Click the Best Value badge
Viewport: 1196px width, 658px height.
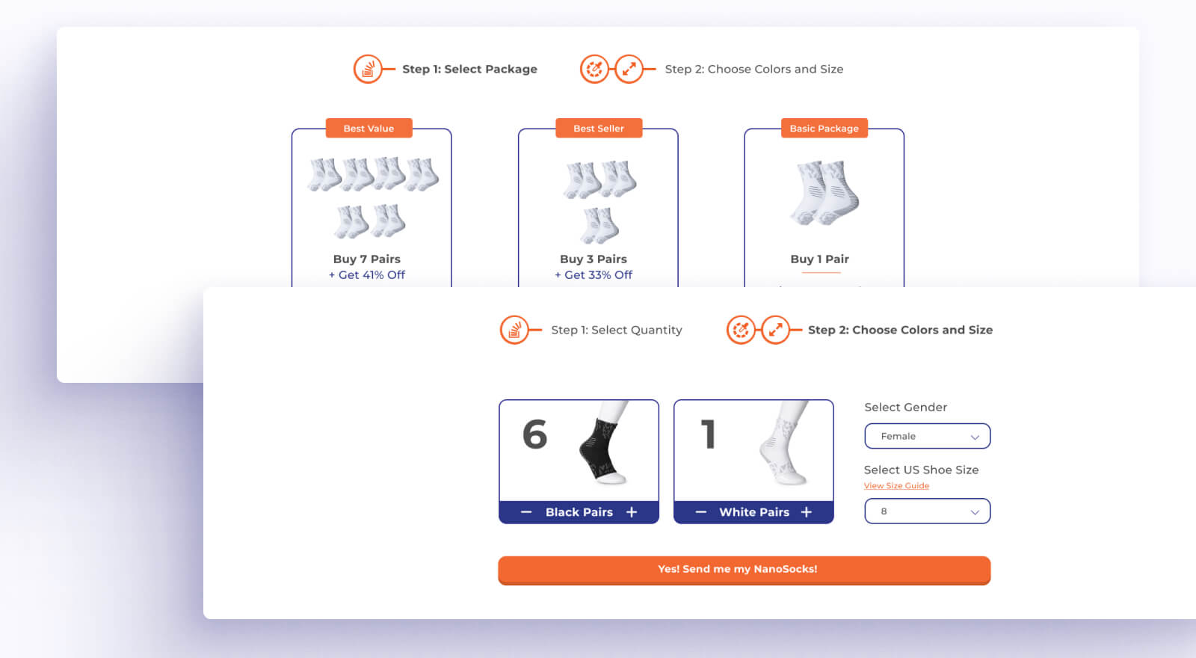tap(369, 128)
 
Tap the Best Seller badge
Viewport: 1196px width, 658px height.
tap(599, 128)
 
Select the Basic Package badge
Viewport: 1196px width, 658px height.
tap(824, 128)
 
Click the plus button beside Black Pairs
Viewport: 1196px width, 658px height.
tap(632, 512)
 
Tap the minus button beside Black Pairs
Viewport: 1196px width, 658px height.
tap(526, 512)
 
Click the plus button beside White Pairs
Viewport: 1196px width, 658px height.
tap(807, 512)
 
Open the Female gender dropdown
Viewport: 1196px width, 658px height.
tap(928, 437)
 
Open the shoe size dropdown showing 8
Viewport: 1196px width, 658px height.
tap(928, 511)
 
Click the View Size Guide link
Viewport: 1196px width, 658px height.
tap(896, 485)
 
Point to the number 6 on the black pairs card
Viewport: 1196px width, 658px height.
tap(534, 434)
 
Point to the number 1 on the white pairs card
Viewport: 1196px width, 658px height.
tap(709, 434)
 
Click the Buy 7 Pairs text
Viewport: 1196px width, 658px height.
tap(367, 259)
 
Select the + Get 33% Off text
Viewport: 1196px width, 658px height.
tap(594, 275)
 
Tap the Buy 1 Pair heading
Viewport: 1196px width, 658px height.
tap(819, 259)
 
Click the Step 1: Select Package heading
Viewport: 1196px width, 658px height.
tap(470, 70)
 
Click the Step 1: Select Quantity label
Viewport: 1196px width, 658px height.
tap(617, 330)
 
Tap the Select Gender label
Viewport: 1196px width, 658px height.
tap(905, 407)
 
